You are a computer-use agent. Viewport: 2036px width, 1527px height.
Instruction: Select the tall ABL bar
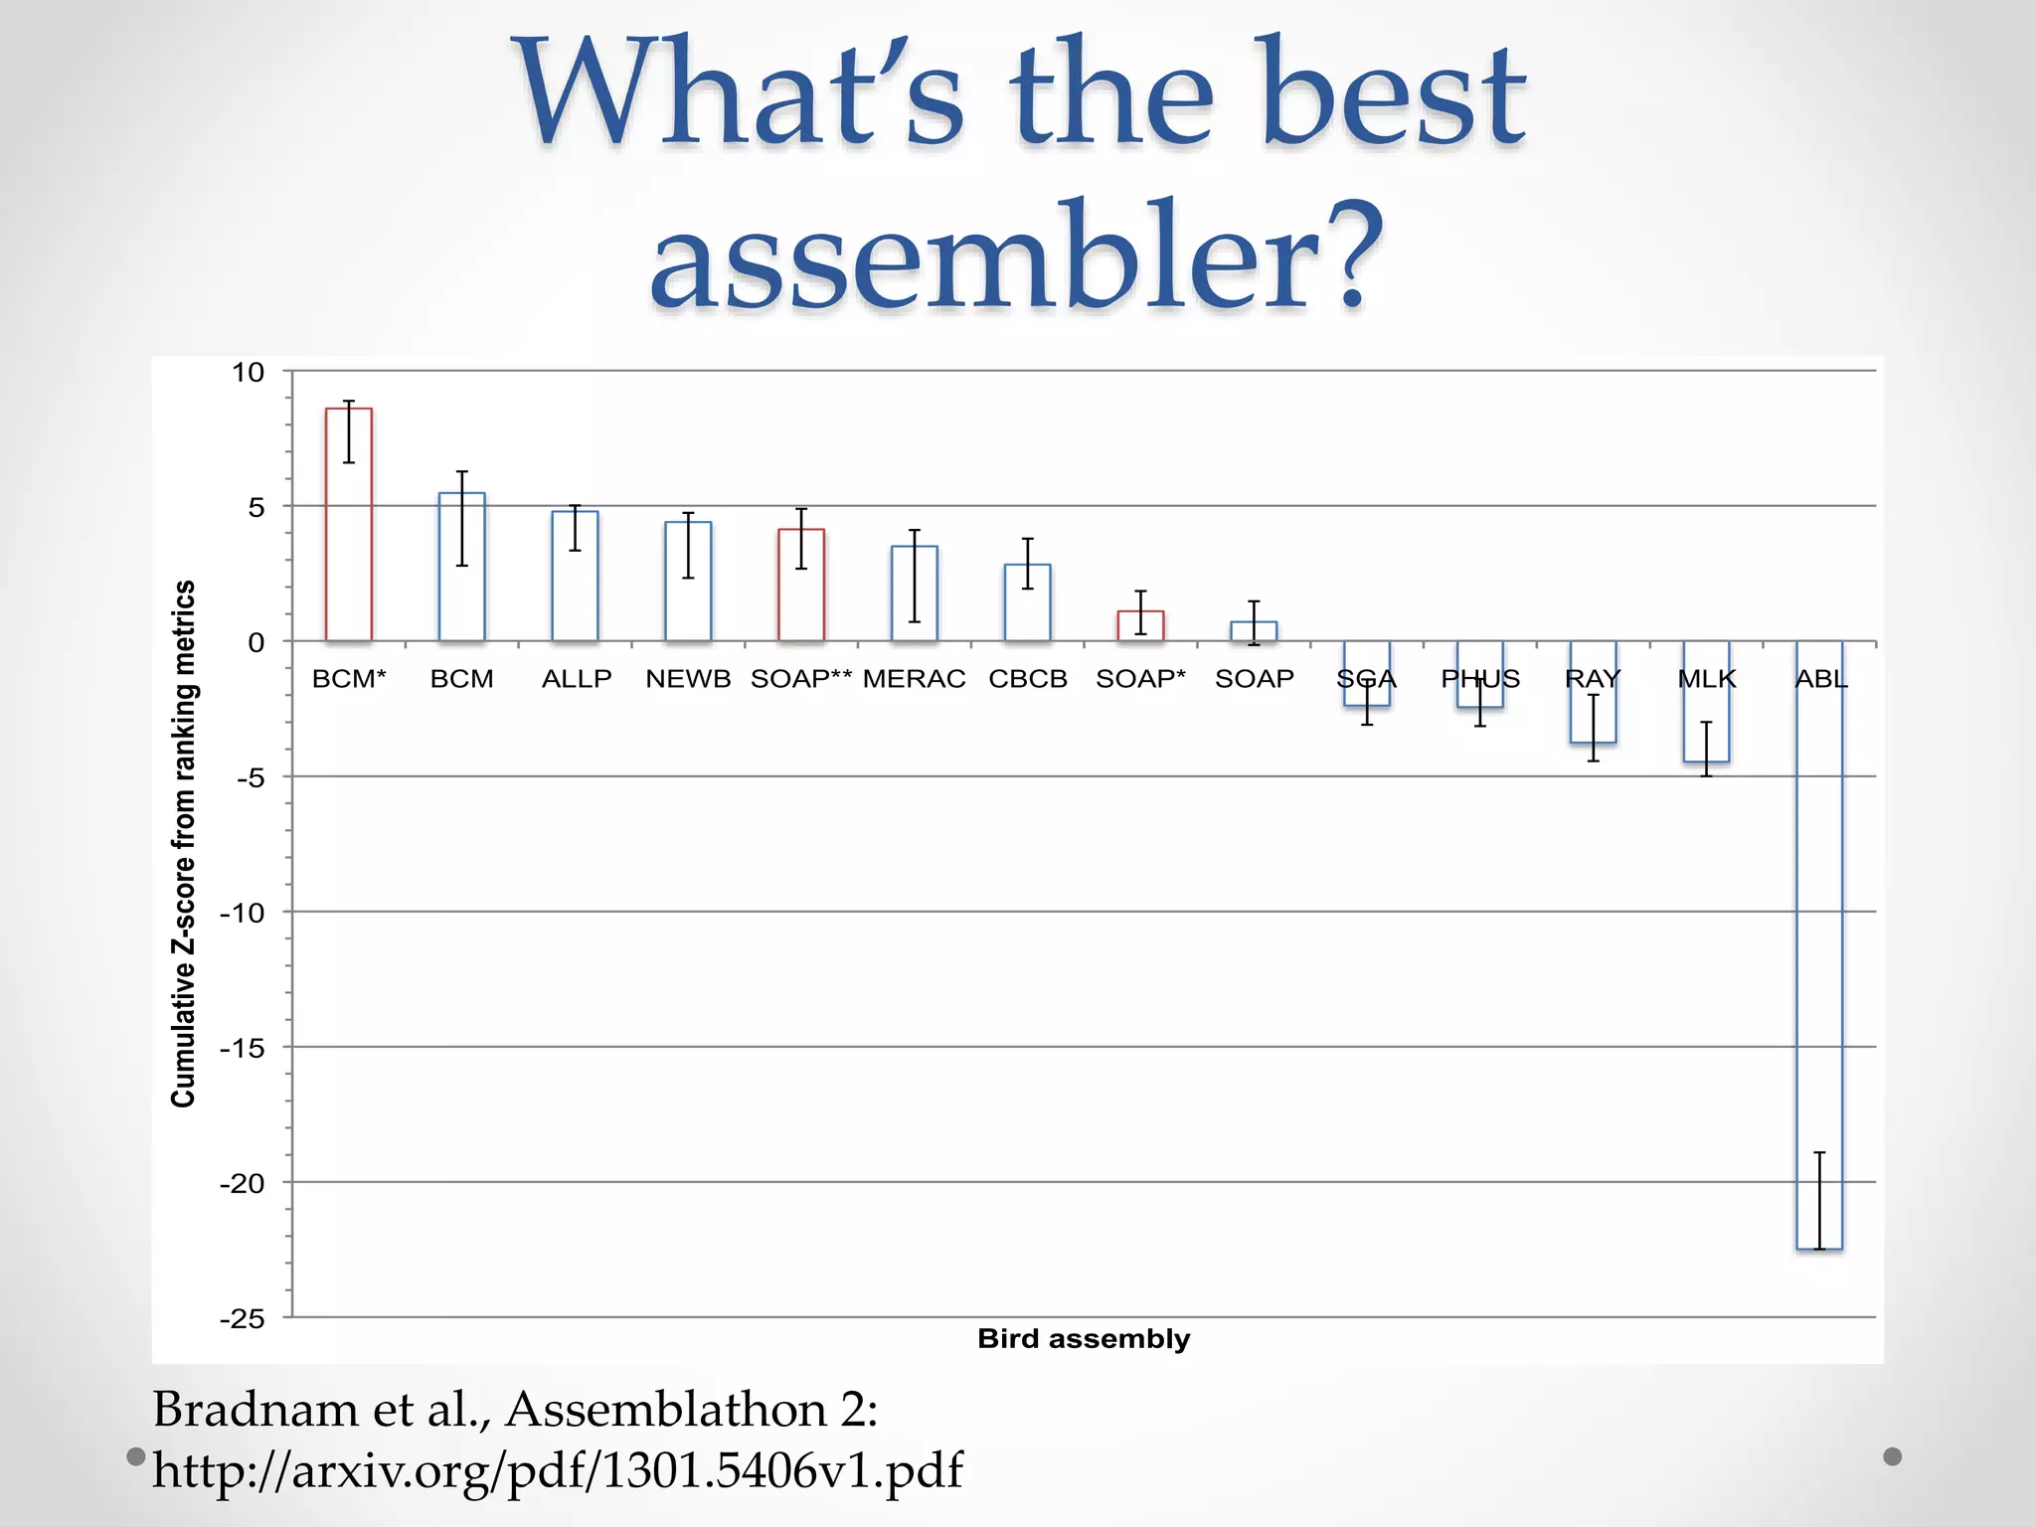coord(1819,944)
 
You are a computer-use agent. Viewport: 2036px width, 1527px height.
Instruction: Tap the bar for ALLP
coord(575,576)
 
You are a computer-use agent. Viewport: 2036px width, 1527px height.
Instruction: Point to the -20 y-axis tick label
coord(242,1183)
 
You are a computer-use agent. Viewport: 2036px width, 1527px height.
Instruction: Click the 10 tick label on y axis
coord(249,373)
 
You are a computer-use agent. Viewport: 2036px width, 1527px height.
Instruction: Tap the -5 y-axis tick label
coord(251,777)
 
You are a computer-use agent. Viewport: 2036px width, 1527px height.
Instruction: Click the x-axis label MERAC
coord(914,679)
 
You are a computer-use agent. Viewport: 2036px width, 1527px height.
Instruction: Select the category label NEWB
coord(688,679)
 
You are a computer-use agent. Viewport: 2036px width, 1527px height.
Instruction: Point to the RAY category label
coord(1593,679)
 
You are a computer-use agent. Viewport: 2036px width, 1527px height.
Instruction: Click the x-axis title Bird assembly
coord(1084,1338)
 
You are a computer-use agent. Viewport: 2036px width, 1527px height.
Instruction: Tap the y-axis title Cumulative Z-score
coord(184,843)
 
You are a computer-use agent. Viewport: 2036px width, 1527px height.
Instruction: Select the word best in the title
coord(1392,94)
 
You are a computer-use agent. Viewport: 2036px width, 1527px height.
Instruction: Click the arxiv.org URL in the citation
coord(557,1470)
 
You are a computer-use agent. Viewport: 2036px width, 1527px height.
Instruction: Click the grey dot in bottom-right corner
coord(1892,1456)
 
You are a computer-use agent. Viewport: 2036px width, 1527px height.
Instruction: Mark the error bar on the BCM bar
coord(462,518)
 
